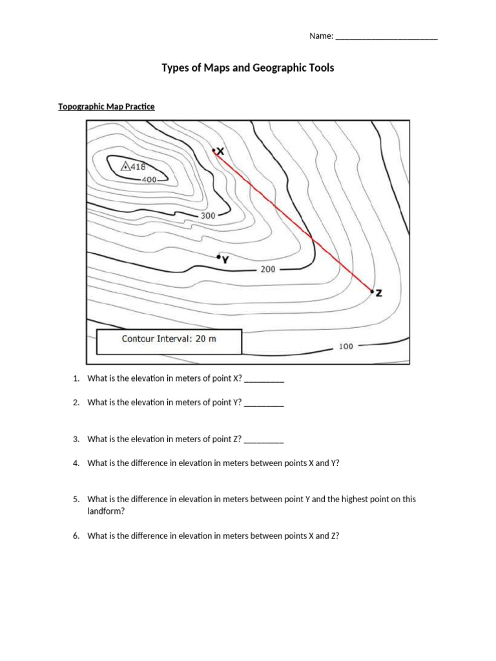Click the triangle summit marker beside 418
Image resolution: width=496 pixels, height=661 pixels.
point(125,167)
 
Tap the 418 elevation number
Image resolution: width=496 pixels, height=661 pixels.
point(138,167)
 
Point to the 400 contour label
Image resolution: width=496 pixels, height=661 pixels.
point(149,179)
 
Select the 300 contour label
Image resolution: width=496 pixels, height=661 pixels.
point(207,216)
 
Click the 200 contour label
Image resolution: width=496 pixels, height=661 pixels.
point(268,269)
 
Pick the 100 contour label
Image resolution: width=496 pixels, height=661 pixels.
point(346,346)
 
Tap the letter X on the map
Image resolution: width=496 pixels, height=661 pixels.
point(220,151)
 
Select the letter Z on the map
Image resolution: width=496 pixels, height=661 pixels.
point(378,293)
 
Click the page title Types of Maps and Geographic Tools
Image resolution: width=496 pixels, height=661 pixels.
point(248,67)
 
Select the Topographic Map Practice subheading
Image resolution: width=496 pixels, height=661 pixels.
point(107,107)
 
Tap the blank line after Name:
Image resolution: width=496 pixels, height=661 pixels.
point(386,37)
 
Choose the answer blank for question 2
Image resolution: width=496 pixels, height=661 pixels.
point(264,402)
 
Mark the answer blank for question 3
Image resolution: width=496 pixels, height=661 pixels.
point(264,439)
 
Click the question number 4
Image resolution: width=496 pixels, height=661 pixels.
point(76,463)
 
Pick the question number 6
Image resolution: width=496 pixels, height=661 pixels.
point(76,536)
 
